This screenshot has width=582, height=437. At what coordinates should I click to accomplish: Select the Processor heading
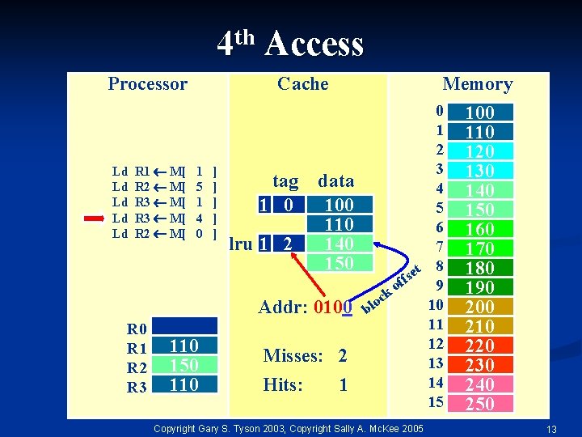(147, 84)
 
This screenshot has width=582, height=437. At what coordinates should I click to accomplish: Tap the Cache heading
(302, 84)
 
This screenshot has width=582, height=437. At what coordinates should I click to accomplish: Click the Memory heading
(477, 84)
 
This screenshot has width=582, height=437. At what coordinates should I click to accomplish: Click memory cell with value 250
(480, 404)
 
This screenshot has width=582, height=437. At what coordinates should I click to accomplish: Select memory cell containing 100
(480, 112)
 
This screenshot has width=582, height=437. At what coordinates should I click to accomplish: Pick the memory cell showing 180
(480, 268)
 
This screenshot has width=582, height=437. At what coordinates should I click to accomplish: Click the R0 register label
(137, 329)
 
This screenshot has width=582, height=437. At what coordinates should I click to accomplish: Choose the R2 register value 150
(184, 365)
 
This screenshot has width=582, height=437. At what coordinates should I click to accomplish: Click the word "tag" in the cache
(285, 180)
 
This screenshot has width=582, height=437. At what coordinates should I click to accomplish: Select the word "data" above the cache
(336, 180)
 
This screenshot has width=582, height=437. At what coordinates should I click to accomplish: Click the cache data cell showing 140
(339, 243)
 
